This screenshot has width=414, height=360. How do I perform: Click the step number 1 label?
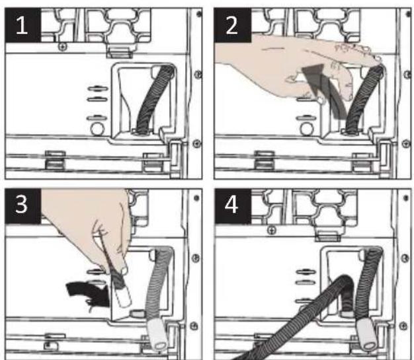(x=22, y=25)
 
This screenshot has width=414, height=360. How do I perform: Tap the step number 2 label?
(x=232, y=25)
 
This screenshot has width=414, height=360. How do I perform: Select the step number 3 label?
(x=22, y=205)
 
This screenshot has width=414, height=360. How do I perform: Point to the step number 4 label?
(x=232, y=205)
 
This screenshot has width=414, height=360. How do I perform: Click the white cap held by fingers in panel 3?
(x=124, y=297)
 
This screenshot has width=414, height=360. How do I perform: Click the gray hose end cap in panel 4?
(x=367, y=334)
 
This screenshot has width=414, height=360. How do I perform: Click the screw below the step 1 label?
(x=63, y=47)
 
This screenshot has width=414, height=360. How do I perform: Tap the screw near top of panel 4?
(x=272, y=230)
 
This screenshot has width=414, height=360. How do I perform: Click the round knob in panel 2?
(x=306, y=129)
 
